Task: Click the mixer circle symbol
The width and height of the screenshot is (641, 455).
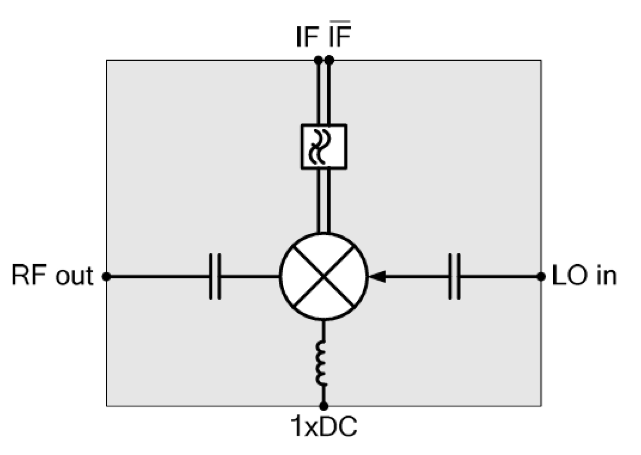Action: click(x=324, y=276)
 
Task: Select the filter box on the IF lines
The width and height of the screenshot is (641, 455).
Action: click(x=324, y=146)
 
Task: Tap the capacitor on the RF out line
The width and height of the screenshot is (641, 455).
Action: click(x=215, y=276)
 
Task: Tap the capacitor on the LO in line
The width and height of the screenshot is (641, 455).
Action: click(x=454, y=276)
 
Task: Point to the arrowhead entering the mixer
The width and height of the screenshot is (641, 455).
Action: click(x=378, y=277)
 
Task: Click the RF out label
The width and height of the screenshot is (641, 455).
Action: click(x=52, y=275)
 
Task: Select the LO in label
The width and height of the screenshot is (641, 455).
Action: click(x=584, y=275)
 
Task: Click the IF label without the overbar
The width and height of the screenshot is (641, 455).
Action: click(x=308, y=37)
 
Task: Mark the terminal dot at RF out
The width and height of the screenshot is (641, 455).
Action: click(x=107, y=277)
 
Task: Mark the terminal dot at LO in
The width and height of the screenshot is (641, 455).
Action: click(x=541, y=277)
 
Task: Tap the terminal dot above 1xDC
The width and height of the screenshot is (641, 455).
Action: click(x=324, y=406)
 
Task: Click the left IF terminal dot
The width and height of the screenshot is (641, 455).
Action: click(x=318, y=60)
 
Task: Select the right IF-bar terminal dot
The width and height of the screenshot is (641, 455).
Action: click(x=330, y=60)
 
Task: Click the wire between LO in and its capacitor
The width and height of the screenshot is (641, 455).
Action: click(x=500, y=277)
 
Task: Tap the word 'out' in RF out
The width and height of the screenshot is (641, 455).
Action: click(x=74, y=275)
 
